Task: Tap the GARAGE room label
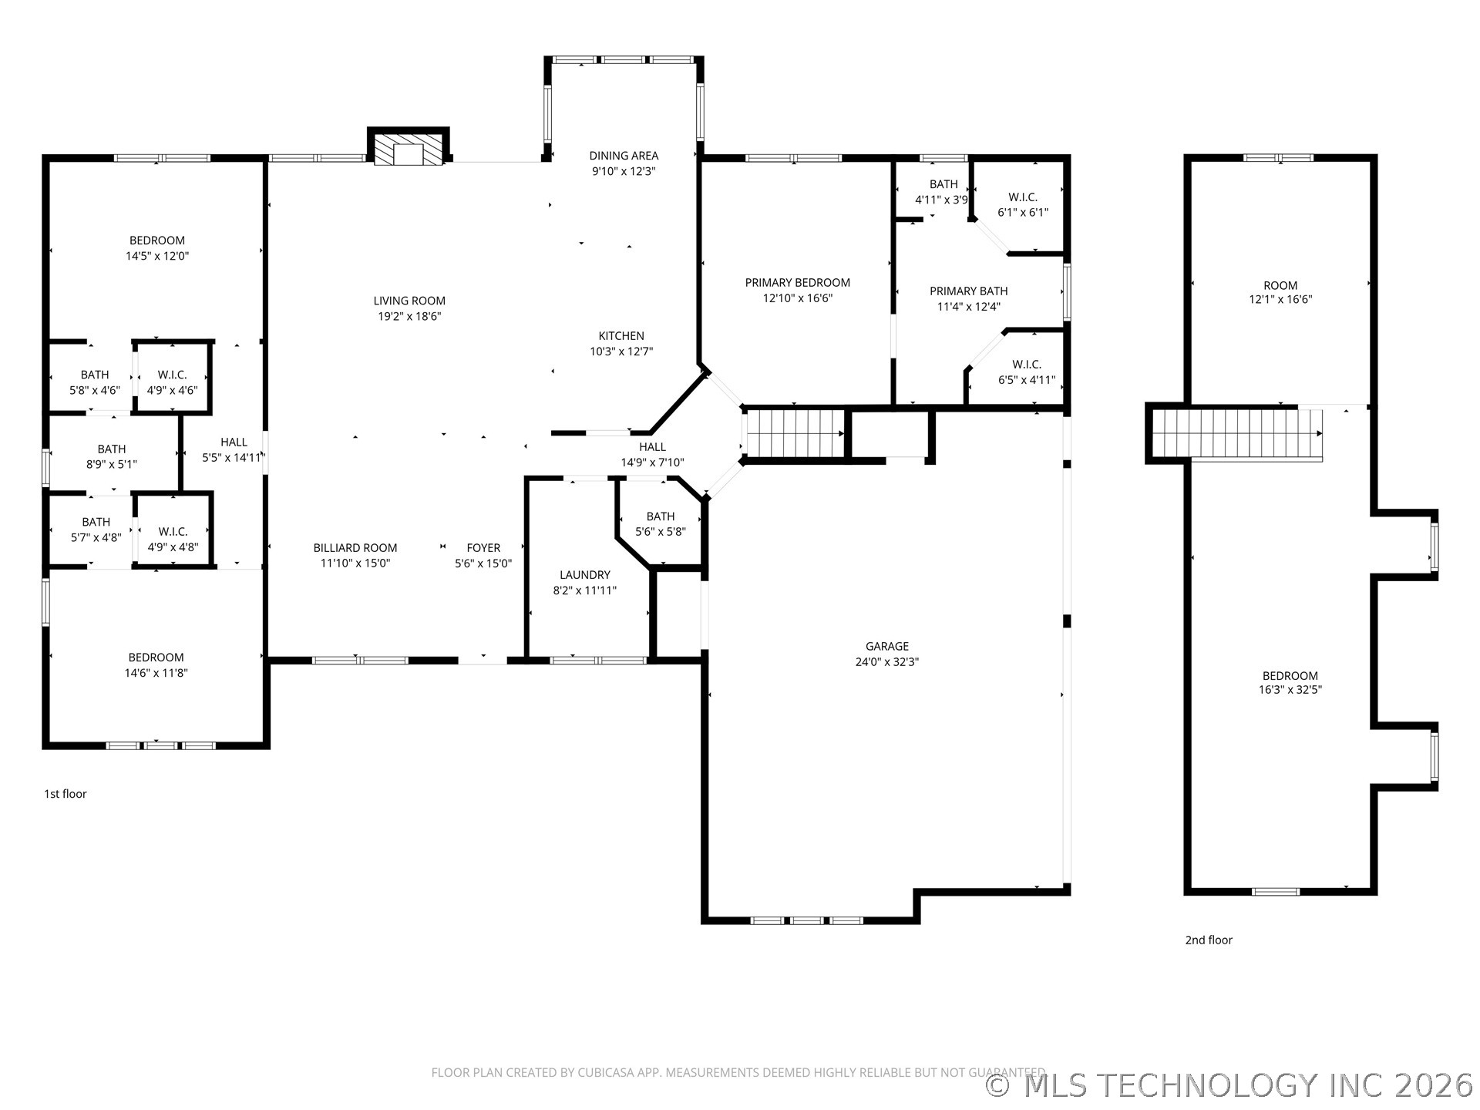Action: [x=886, y=646]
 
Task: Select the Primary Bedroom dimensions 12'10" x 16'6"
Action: [x=798, y=298]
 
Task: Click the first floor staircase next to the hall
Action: [x=795, y=433]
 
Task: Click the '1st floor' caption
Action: [x=66, y=794]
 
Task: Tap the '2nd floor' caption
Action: [x=1209, y=940]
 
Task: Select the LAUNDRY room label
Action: [x=584, y=575]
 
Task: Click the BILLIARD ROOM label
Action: [x=355, y=548]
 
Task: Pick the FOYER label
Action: [x=483, y=548]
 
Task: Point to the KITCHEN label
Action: [x=621, y=336]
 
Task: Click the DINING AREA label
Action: [x=624, y=156]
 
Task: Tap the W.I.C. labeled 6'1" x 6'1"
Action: [x=1023, y=205]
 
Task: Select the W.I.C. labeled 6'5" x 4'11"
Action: [x=1027, y=372]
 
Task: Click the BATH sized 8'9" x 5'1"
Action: [x=112, y=456]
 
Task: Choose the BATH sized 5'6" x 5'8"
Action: [x=661, y=524]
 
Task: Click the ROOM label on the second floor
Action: [x=1280, y=285]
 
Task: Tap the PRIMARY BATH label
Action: [x=968, y=291]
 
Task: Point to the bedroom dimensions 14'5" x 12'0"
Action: [x=157, y=256]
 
